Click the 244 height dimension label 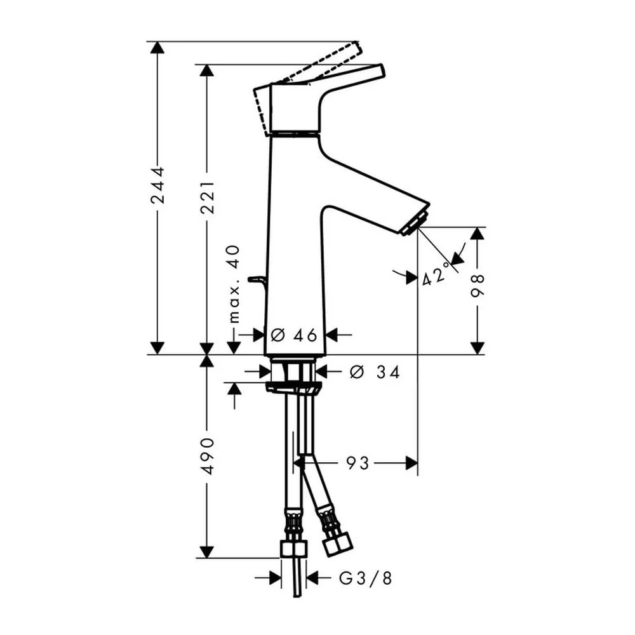point(157,185)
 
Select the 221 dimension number point(208,197)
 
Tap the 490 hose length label point(208,455)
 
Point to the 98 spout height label point(478,286)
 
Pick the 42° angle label point(436,275)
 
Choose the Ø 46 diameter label point(293,335)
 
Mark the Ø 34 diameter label point(375,371)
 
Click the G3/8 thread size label point(366,578)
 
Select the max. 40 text point(234,284)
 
